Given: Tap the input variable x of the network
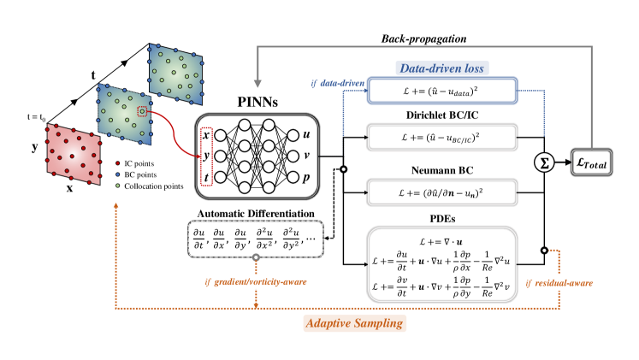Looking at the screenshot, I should click(205, 135).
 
